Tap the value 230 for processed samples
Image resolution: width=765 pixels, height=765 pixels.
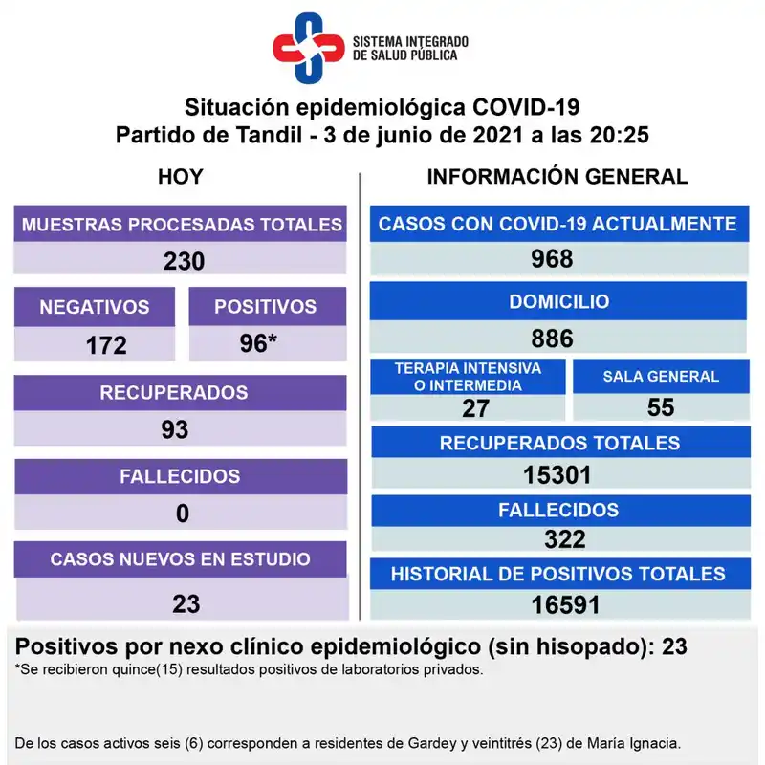(x=184, y=261)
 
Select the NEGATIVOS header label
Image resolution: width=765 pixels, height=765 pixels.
(x=95, y=307)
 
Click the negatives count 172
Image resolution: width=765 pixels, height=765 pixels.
(x=106, y=345)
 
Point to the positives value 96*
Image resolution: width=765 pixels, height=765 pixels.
(x=259, y=344)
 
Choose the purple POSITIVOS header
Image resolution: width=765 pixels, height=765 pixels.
(x=265, y=307)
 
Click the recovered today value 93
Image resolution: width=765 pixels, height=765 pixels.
(x=175, y=429)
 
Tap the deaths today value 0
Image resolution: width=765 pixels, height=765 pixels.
(x=182, y=514)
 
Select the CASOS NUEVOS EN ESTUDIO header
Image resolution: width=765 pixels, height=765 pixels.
(x=180, y=558)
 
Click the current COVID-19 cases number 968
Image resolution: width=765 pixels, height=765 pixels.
(x=552, y=259)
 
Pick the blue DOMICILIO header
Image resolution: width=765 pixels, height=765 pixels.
(x=558, y=301)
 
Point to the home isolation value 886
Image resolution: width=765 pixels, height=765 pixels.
(x=553, y=338)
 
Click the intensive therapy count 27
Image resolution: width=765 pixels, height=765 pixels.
(x=475, y=408)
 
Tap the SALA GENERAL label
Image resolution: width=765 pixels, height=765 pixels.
(x=661, y=376)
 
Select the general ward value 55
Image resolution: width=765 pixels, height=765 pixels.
(x=661, y=407)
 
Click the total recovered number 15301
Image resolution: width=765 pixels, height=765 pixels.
(x=559, y=474)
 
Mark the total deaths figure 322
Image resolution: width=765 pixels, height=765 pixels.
(x=564, y=539)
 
